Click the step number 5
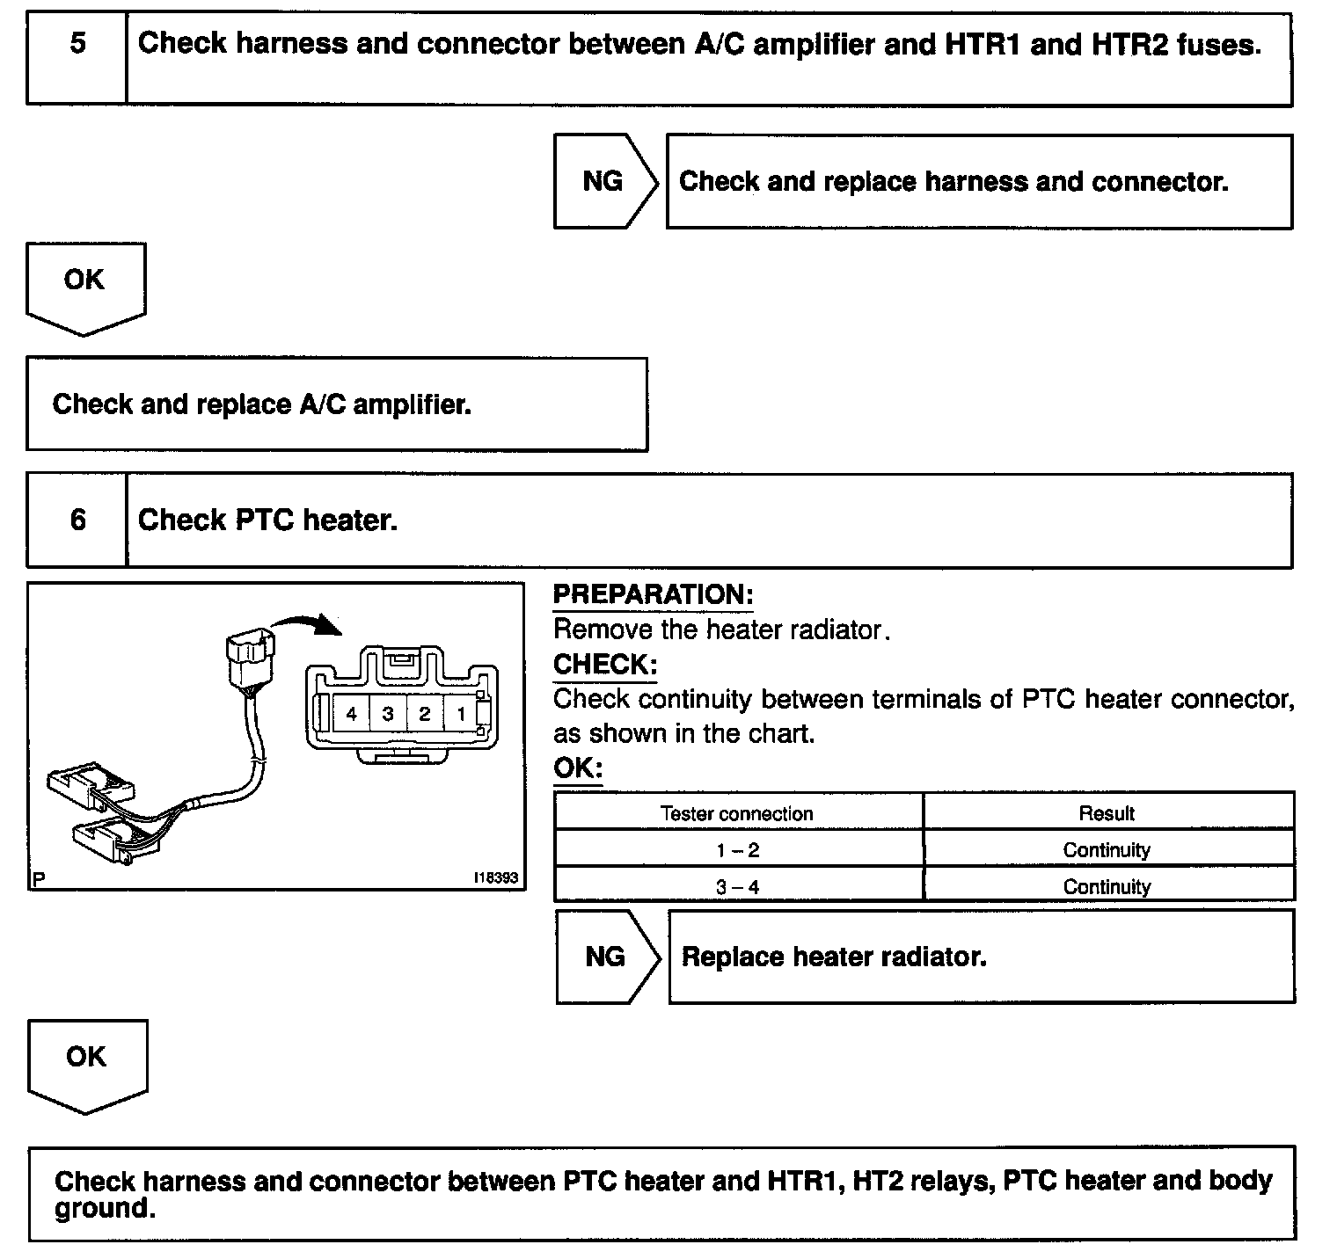coord(77,43)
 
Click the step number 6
coord(77,520)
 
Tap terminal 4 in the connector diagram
coord(351,714)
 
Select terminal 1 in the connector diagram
coord(460,714)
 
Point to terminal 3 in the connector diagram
coord(388,714)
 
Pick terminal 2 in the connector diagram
coord(424,714)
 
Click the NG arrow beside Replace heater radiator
coord(607,957)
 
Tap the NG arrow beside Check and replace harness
coord(604,181)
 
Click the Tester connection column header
coord(737,813)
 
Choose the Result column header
coord(1107,813)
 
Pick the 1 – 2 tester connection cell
coord(737,850)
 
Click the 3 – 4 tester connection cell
coord(737,887)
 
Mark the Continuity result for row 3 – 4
coord(1107,887)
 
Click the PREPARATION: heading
coord(653,595)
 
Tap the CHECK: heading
coord(604,665)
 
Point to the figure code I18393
coord(495,877)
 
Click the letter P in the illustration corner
coord(38,877)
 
